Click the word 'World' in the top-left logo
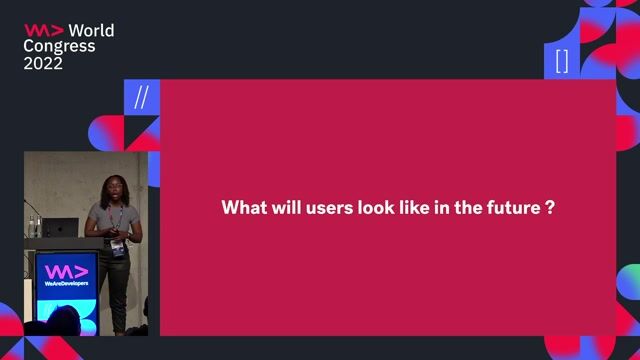(91, 30)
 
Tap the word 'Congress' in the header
(60, 46)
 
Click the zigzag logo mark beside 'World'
(44, 30)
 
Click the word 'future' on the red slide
(511, 208)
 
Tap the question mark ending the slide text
(551, 208)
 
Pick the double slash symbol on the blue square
(141, 97)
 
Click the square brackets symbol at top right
(562, 61)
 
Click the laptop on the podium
(63, 228)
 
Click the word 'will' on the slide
(274, 208)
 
